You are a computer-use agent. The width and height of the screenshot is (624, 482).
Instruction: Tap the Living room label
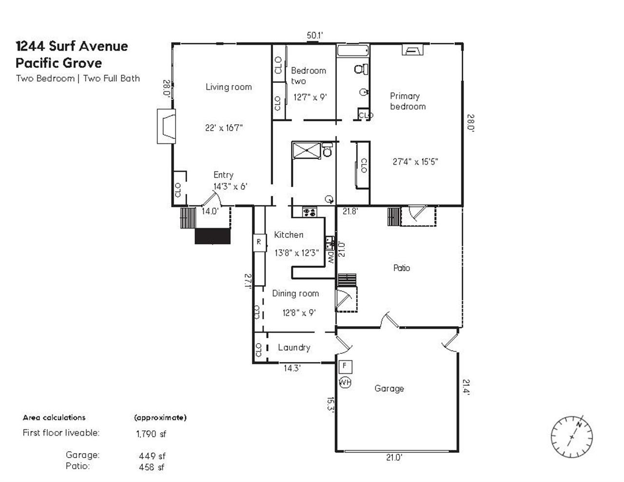coord(228,87)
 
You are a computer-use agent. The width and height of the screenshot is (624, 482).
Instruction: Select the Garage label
coord(389,388)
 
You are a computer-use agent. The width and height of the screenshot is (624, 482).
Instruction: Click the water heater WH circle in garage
coord(345,382)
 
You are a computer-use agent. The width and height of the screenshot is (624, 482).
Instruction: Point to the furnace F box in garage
coord(345,366)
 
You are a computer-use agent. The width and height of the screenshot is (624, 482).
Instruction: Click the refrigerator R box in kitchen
coord(259,242)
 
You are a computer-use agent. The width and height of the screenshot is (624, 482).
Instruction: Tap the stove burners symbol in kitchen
coord(310,212)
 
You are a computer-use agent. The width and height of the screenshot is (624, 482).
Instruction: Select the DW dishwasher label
coord(331,257)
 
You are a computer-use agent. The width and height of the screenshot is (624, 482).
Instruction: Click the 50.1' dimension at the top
coord(315,35)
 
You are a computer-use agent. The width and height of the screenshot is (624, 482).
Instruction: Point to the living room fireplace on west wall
coord(166,126)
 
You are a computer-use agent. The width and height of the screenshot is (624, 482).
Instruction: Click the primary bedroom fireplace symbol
coord(412,50)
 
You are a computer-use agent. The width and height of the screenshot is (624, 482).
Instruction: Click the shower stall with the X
coord(306,150)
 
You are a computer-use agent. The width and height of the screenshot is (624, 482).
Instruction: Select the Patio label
coord(401,268)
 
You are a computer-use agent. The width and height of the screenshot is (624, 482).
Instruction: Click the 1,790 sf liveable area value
coord(151,433)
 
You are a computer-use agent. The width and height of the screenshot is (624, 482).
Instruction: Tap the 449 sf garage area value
coord(152,456)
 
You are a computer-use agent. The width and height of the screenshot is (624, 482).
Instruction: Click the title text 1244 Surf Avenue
coord(72,46)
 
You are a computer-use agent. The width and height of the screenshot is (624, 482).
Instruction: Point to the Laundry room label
coord(293,347)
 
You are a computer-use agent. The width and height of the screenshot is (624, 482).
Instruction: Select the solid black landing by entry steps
coord(212,236)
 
